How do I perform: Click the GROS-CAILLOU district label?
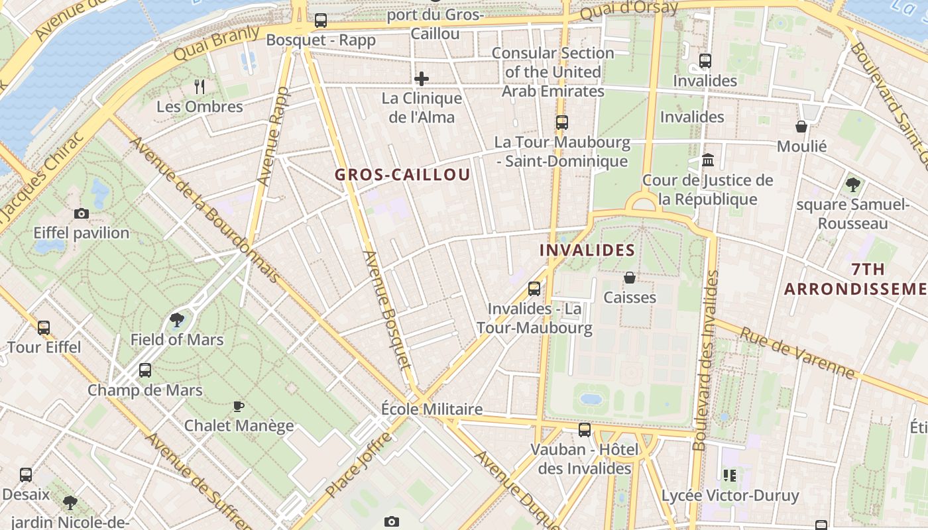pyautogui.click(x=402, y=175)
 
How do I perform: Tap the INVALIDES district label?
pyautogui.click(x=587, y=250)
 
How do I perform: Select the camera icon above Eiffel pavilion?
pyautogui.click(x=82, y=213)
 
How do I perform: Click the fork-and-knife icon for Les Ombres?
pyautogui.click(x=200, y=86)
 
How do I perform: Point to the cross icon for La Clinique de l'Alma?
pyautogui.click(x=422, y=79)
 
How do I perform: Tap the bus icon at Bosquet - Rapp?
pyautogui.click(x=321, y=21)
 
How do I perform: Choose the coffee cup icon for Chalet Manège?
pyautogui.click(x=239, y=406)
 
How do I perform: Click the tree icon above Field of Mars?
pyautogui.click(x=176, y=321)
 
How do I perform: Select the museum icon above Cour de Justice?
pyautogui.click(x=708, y=160)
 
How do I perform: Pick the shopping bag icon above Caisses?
pyautogui.click(x=630, y=278)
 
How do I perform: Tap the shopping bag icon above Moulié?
pyautogui.click(x=801, y=127)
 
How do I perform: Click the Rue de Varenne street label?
pyautogui.click(x=797, y=353)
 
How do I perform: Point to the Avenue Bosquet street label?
pyautogui.click(x=387, y=309)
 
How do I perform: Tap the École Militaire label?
pyautogui.click(x=432, y=409)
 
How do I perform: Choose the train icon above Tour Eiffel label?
pyautogui.click(x=44, y=327)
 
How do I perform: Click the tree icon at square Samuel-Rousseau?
pyautogui.click(x=852, y=185)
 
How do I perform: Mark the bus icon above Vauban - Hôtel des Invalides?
pyautogui.click(x=585, y=429)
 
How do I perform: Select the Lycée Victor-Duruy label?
pyautogui.click(x=730, y=495)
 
